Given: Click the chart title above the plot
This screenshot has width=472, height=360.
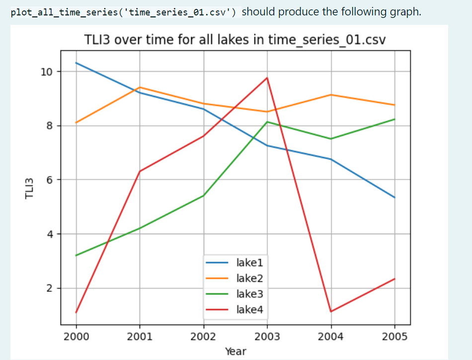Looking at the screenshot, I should [x=235, y=40].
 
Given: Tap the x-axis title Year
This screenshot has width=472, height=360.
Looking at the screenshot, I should [x=235, y=352].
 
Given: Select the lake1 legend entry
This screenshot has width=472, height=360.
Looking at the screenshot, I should [x=250, y=262].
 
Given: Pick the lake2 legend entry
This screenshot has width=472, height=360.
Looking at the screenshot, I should [x=250, y=278].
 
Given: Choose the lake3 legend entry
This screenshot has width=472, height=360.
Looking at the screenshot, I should [x=250, y=294].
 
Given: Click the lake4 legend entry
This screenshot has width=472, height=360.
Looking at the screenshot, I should [x=250, y=310].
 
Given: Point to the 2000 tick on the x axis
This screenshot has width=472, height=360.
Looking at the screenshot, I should [x=76, y=337].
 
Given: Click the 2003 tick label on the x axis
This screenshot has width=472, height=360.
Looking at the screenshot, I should [x=267, y=337].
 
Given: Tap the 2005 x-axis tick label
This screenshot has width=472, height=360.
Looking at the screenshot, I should [x=395, y=337].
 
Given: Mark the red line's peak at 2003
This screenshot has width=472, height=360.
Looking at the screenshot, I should [x=267, y=78].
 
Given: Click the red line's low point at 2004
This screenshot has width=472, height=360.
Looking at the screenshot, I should [x=331, y=312].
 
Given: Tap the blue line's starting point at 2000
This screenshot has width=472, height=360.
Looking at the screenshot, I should [x=76, y=63].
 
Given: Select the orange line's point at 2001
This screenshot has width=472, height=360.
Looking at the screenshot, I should [x=140, y=88].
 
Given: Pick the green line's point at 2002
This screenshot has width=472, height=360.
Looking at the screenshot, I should [x=204, y=195].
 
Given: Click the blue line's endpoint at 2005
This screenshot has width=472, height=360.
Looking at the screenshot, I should [x=395, y=198].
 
